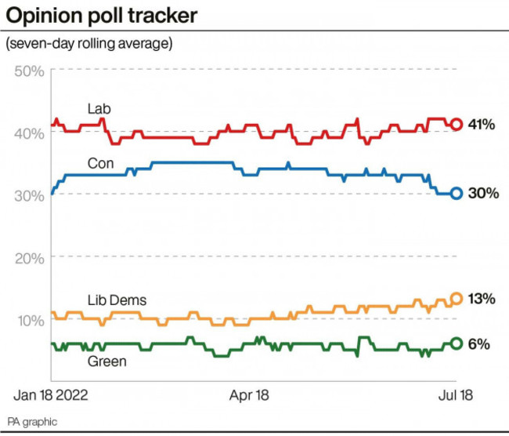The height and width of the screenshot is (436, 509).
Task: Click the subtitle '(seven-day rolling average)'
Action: [x=88, y=44]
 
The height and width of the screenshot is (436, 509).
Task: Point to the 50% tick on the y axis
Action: [x=30, y=71]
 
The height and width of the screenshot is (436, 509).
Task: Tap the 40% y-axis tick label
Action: [x=30, y=133]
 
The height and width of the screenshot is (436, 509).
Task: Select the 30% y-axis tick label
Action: [x=30, y=195]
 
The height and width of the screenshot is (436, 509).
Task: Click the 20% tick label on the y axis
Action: [x=30, y=257]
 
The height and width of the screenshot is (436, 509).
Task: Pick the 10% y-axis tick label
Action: [x=30, y=320]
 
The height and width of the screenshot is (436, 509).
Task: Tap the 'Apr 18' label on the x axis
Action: [x=249, y=395]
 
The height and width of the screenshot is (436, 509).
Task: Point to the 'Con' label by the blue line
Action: [x=100, y=164]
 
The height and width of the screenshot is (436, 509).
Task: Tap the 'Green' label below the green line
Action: [x=108, y=362]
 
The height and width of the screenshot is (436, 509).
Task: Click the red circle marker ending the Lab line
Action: [x=457, y=124]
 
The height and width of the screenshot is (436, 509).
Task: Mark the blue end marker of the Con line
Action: [x=457, y=194]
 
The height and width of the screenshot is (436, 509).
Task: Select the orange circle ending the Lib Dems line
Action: [x=457, y=299]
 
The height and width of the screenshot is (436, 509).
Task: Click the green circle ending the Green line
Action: [x=457, y=343]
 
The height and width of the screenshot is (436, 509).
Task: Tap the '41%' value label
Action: [x=482, y=125]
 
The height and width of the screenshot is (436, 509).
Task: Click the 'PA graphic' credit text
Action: [x=33, y=422]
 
